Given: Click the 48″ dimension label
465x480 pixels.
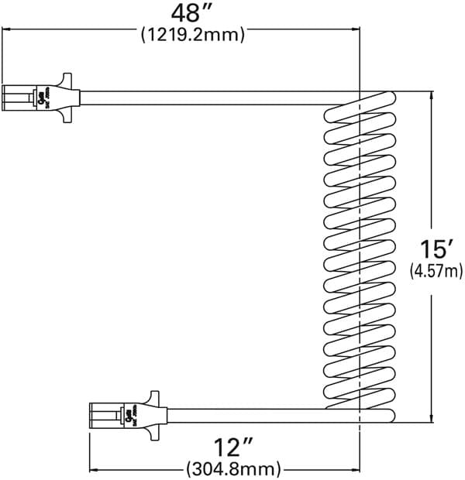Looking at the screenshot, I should (x=191, y=14).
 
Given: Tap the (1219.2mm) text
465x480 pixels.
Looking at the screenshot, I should (x=191, y=35).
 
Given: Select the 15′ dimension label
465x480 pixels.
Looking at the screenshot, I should (x=435, y=249).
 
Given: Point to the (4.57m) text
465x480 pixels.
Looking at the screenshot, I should (x=435, y=270).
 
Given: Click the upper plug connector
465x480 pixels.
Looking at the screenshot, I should (x=39, y=97).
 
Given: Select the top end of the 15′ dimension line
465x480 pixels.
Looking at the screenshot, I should (x=431, y=93).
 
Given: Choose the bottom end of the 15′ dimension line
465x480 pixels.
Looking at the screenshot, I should (x=431, y=422).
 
